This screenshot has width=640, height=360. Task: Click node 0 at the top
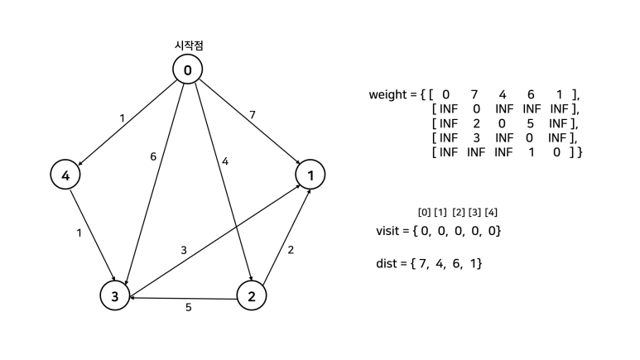click(x=188, y=70)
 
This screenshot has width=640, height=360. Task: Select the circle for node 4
click(x=65, y=175)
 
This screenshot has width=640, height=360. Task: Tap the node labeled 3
click(x=114, y=295)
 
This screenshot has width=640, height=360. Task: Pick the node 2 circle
click(x=252, y=295)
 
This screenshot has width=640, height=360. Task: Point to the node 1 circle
click(x=310, y=175)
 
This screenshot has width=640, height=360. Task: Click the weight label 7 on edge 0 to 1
click(x=253, y=113)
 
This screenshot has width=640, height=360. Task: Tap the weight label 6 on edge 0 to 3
click(x=153, y=156)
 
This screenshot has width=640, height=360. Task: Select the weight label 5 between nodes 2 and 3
click(x=188, y=308)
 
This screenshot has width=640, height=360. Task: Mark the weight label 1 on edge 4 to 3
click(x=79, y=233)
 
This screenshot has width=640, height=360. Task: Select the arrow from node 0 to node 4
click(x=124, y=124)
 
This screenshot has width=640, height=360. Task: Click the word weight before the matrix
click(x=390, y=94)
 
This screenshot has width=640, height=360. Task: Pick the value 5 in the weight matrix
click(x=530, y=123)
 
